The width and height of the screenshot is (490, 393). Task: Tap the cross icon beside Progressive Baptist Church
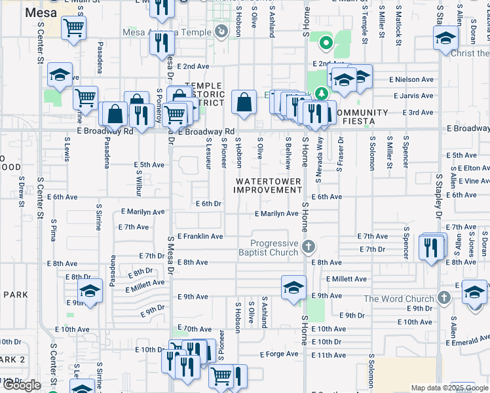(309, 247)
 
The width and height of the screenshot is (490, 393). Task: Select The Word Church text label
(398, 299)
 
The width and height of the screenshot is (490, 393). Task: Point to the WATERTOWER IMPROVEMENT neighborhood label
(269, 185)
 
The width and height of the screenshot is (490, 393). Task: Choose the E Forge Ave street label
(279, 354)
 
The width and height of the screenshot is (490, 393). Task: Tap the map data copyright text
(449, 388)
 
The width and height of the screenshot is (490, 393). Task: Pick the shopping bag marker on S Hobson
(244, 102)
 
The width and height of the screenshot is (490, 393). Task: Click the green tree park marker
(320, 94)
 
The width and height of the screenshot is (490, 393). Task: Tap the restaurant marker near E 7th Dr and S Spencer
(430, 248)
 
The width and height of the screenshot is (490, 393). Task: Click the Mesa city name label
(41, 12)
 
